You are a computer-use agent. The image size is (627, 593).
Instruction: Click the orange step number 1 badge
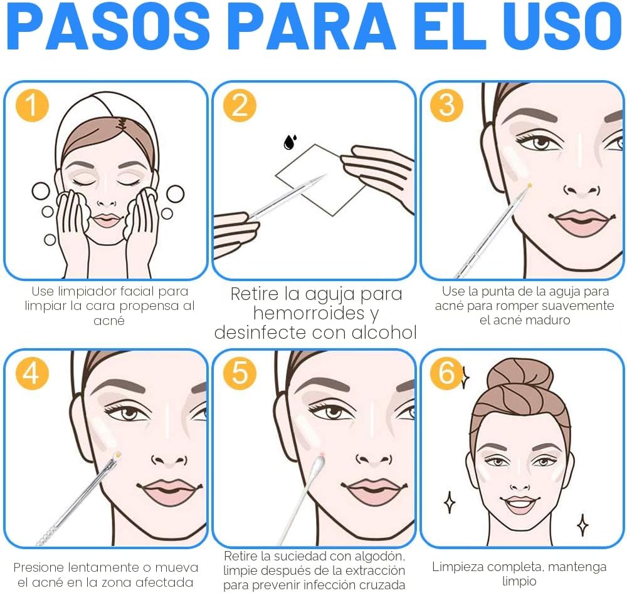(x=32, y=105)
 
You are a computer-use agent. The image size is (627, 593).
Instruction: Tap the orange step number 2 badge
(x=240, y=105)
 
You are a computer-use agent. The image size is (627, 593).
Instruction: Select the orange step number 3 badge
(x=446, y=105)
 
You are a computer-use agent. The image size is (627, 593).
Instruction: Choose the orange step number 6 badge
(x=446, y=373)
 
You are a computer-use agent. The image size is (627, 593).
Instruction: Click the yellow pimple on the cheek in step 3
(x=529, y=185)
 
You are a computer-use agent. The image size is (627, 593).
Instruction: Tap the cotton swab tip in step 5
(x=318, y=463)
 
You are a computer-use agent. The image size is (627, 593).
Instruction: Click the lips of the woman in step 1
(x=107, y=220)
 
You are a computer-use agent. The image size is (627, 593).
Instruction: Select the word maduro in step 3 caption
(x=547, y=320)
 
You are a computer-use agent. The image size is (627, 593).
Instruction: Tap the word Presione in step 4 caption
(x=39, y=567)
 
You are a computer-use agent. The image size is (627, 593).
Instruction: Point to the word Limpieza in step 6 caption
(x=457, y=567)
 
